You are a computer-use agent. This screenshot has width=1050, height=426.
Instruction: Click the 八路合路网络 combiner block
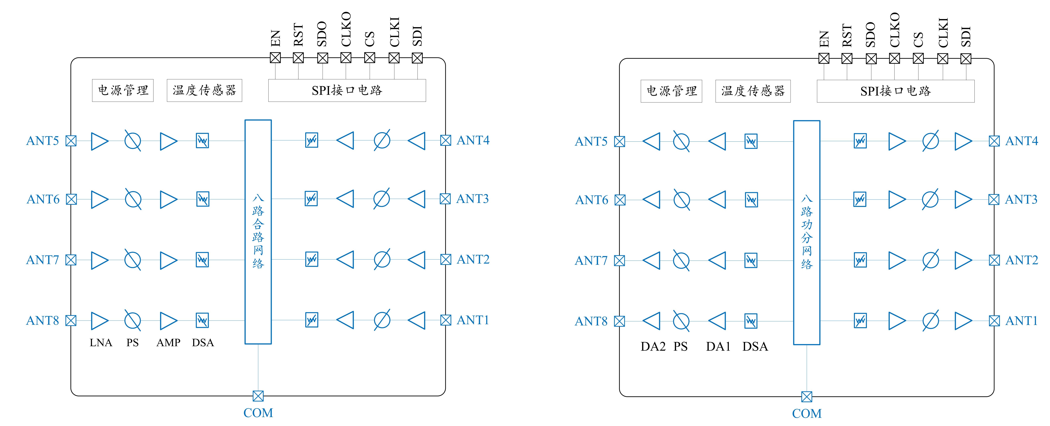click(x=258, y=232)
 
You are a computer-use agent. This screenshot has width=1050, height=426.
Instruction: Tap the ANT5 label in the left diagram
click(x=42, y=141)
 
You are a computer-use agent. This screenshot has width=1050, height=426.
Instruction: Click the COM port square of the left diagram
click(x=258, y=396)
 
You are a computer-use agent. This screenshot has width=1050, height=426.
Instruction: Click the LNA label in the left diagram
click(x=101, y=343)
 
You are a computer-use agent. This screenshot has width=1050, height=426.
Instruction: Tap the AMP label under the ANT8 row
click(x=168, y=343)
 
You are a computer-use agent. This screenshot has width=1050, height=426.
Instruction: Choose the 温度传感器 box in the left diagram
click(x=204, y=90)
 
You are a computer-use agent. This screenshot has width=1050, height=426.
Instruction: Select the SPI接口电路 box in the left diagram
click(x=347, y=90)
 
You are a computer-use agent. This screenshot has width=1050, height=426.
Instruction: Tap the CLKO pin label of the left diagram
click(x=346, y=29)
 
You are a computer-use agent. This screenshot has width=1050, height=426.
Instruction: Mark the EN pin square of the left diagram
click(x=275, y=58)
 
